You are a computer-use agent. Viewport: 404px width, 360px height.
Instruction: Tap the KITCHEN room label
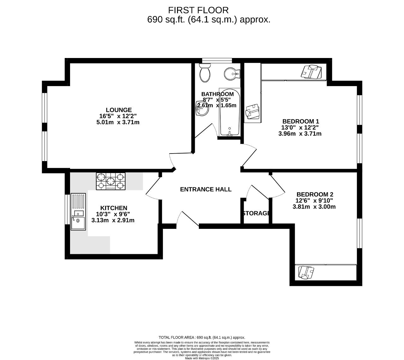point(114,208)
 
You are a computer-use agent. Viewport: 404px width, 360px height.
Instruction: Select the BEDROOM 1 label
point(300,121)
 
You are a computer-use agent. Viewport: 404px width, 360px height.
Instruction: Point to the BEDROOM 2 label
point(315,195)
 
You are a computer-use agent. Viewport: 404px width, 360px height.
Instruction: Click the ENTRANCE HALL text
point(205,189)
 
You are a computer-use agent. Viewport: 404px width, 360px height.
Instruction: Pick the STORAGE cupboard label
point(256,213)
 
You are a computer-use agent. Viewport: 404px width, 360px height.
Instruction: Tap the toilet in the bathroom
point(205,72)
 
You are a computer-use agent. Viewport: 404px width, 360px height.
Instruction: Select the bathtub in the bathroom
point(230,112)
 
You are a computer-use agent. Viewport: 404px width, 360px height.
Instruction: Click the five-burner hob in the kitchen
point(110,181)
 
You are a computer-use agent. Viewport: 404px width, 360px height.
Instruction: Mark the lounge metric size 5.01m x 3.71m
point(118,122)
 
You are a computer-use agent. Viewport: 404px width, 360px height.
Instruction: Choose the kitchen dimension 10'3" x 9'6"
point(113,214)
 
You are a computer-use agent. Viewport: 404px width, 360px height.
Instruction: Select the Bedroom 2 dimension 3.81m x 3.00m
point(314,207)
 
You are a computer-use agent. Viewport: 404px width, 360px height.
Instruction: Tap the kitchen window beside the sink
point(67,210)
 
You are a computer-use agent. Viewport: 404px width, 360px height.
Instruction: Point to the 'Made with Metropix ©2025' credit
point(202,358)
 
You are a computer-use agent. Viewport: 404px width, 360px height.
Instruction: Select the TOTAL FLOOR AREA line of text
point(202,337)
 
